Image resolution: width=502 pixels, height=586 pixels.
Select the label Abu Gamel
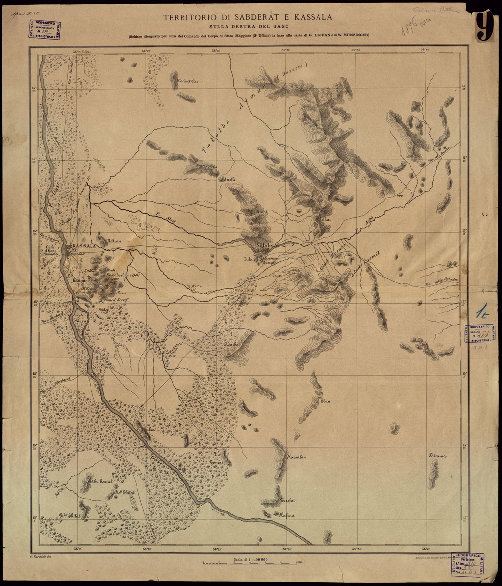coord(102,481)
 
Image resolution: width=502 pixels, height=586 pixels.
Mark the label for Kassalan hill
coord(296,457)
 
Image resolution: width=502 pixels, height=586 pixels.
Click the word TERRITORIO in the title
coord(186,17)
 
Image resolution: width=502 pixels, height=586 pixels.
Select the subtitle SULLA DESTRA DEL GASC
coord(249,27)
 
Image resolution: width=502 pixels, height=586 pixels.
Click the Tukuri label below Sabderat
coord(250,259)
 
